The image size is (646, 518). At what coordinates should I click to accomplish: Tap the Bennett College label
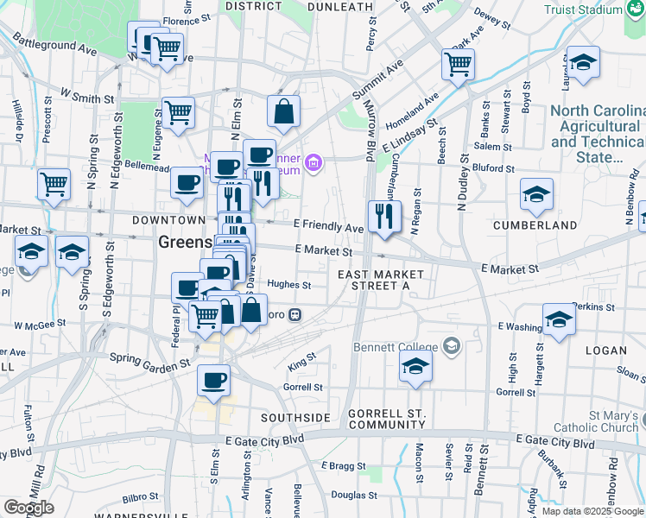click(396, 347)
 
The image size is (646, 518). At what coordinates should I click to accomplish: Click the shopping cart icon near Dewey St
click(458, 63)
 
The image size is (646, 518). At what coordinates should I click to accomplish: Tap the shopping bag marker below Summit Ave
click(284, 111)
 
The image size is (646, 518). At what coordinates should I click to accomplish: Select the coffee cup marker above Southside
click(213, 379)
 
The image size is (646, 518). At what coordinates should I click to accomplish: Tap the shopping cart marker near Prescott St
click(54, 184)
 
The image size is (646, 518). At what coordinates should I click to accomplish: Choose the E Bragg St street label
click(338, 465)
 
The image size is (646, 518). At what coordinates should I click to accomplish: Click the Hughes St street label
click(288, 285)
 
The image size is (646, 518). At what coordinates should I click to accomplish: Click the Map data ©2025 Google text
click(592, 511)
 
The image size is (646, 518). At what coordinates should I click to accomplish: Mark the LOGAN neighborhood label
click(604, 351)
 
